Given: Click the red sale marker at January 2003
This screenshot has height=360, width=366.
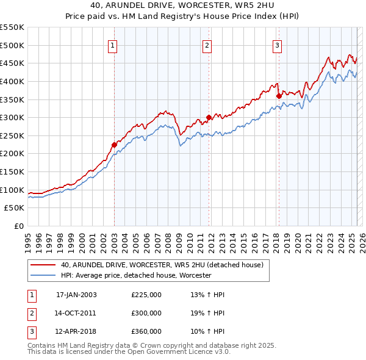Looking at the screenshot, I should pos(114,145).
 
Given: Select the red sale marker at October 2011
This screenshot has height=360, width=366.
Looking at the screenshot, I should pos(209,117).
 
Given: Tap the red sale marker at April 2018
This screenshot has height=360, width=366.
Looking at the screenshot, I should pos(279,96).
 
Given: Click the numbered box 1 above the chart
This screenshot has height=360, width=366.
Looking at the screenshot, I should pos(114,45).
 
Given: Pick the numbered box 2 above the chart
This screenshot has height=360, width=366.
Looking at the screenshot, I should pos(207,45).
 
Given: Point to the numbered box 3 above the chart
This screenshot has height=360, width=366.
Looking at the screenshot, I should pos(278,45).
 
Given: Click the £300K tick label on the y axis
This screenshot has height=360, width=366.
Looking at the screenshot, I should pos(12,117).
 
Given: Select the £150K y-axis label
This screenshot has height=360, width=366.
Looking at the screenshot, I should pos(12,171).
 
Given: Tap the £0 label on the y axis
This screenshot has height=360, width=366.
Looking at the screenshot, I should pos(19,226).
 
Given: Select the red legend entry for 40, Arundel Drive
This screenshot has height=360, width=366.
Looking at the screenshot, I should pos(162,265).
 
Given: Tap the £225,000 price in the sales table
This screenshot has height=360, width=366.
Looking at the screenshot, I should pos(146,295).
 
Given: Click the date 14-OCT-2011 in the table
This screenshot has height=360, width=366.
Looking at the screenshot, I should pos(76,313).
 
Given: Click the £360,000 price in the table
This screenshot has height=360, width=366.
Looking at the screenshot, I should pos(146,331).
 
